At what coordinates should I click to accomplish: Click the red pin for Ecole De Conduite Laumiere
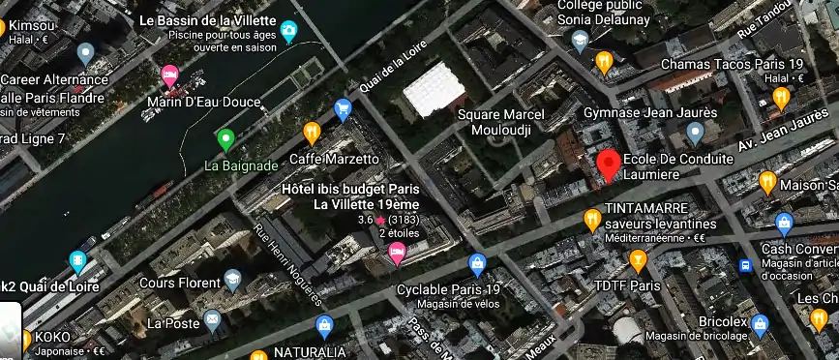[x=608, y=164]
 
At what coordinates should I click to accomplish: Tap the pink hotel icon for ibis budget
[x=396, y=253]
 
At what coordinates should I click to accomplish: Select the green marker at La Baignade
[x=225, y=140]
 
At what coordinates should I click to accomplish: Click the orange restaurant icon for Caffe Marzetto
[x=312, y=132]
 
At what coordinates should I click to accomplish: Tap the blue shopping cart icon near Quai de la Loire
[x=342, y=109]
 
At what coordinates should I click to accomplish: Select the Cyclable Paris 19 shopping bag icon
[x=476, y=263]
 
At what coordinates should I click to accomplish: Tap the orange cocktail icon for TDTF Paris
[x=638, y=259]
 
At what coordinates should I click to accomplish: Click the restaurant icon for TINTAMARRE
[x=592, y=220]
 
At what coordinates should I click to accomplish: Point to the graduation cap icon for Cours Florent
[x=232, y=281]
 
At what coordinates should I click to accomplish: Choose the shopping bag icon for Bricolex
[x=761, y=324]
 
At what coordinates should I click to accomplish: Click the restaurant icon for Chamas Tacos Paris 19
[x=605, y=63]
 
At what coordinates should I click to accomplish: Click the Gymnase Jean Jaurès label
[x=650, y=112]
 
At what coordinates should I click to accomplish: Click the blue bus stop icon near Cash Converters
[x=746, y=264]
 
